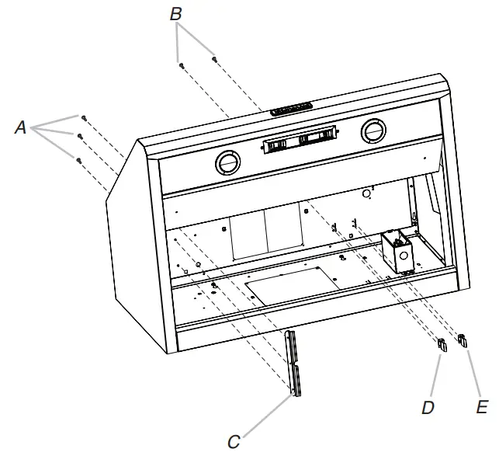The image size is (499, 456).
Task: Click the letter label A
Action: click(21, 128)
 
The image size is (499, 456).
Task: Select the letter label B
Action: click(176, 14)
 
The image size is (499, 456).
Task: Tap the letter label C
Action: click(234, 442)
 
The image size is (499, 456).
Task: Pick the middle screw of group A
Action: click(79, 137)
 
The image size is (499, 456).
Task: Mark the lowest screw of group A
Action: click(78, 160)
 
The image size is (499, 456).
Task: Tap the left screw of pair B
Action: click(180, 65)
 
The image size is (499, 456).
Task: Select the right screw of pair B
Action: click(214, 57)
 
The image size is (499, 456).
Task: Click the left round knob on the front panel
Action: click(227, 163)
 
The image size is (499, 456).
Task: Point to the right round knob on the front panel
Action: click(373, 132)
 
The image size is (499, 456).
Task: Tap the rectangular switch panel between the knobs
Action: click(300, 140)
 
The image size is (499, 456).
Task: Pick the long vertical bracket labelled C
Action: click(293, 363)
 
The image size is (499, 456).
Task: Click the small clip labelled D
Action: click(442, 346)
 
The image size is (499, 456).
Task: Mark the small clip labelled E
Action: click(463, 339)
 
